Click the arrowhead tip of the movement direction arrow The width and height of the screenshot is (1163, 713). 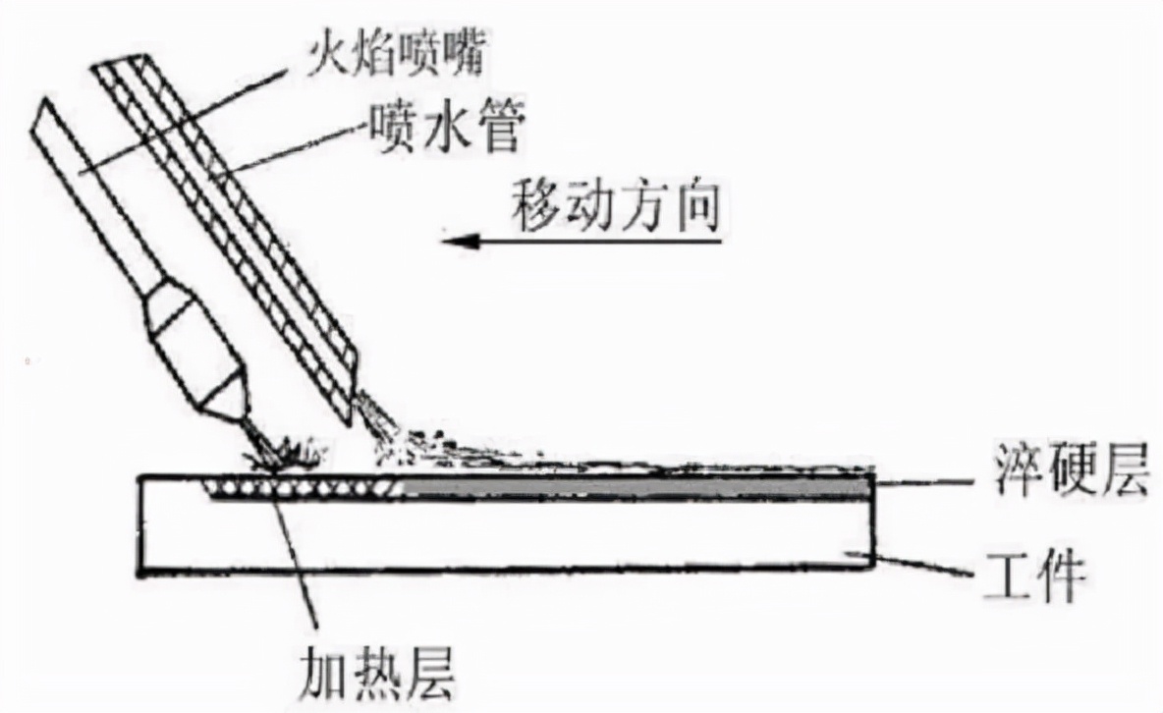click(442, 242)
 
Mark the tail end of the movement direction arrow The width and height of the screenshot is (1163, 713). click(721, 242)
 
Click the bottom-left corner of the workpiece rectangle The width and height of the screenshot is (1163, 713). click(138, 576)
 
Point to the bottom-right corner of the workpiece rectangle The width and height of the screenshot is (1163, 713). click(872, 568)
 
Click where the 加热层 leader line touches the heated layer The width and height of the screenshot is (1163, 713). click(274, 491)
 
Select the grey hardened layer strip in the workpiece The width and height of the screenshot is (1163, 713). click(637, 488)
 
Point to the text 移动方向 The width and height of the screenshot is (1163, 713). click(616, 203)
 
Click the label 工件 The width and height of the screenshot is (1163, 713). click(1032, 575)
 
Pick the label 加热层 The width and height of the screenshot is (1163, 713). click(376, 672)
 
